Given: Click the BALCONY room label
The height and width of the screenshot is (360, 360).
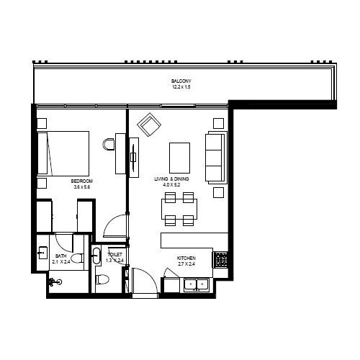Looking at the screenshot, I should point(181,81).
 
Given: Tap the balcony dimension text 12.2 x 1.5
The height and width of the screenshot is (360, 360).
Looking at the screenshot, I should point(181,87).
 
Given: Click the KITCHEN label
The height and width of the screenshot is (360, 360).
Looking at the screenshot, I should point(186,257).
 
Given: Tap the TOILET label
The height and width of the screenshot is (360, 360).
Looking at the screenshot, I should point(114,255).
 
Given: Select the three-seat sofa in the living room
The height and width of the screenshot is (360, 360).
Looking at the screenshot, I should point(215,158).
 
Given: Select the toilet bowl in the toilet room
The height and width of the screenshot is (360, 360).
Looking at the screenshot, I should point(102,279).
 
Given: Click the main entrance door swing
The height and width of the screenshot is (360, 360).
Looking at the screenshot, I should point(142,280).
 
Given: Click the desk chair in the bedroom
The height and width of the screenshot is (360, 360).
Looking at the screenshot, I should point(109,144).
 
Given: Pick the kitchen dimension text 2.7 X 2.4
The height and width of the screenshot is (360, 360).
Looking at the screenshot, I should point(186,264).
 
